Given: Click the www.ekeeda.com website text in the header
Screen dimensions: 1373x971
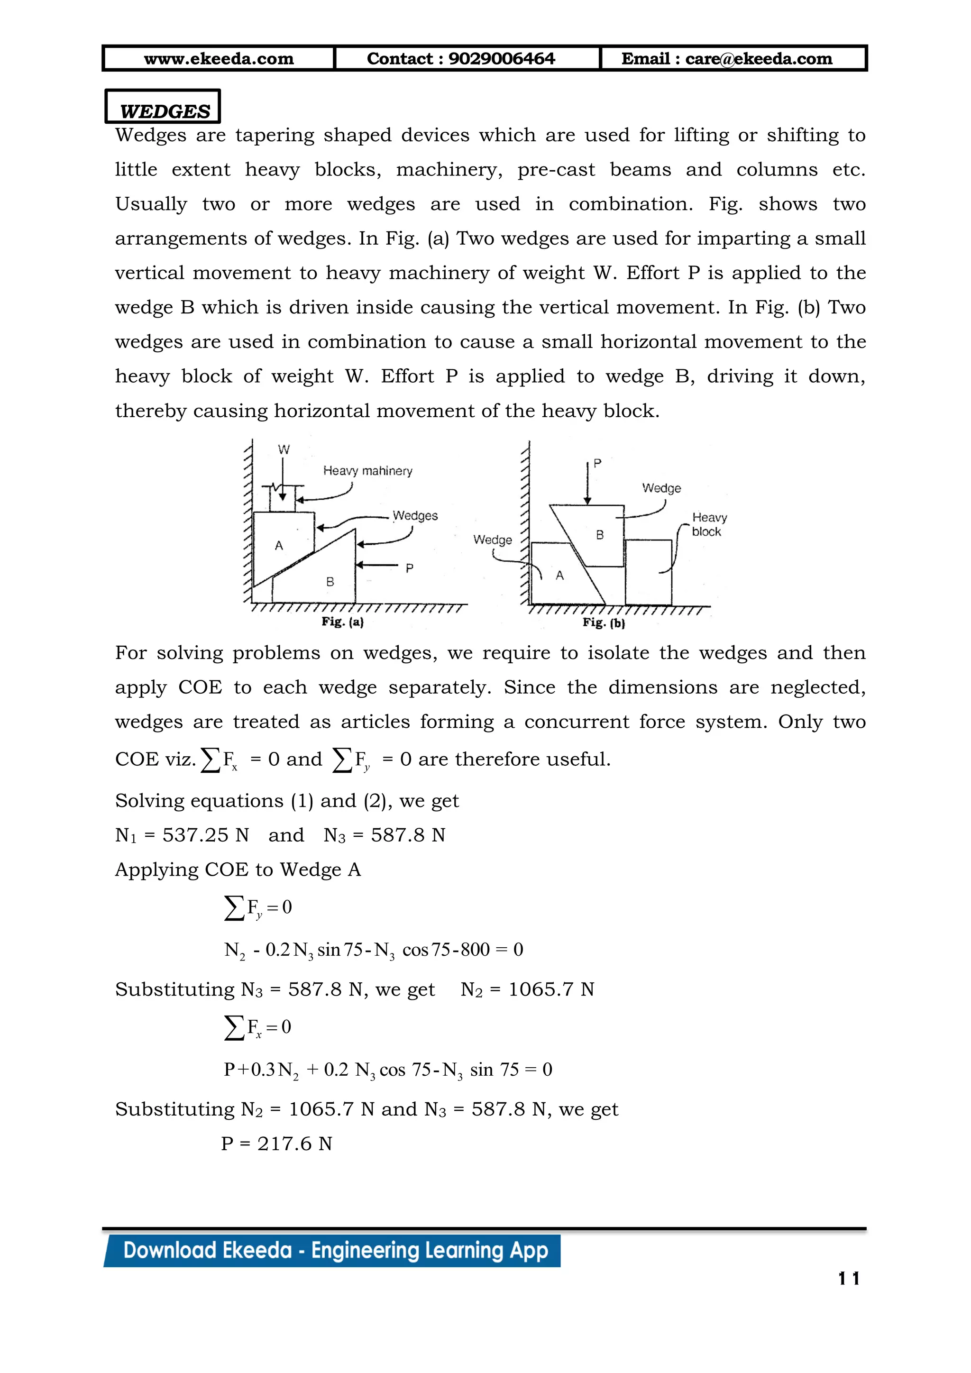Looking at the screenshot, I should (219, 59).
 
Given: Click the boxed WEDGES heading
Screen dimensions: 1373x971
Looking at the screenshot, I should (165, 110).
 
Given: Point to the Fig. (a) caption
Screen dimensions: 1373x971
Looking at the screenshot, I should (342, 622).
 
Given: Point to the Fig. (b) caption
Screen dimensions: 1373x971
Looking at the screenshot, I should (603, 623).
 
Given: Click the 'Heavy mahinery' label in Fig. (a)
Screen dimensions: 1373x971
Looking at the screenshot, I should (367, 471).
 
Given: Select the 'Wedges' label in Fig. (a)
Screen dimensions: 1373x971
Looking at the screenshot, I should (415, 515).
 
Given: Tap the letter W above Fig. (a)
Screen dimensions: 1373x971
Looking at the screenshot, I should (284, 449).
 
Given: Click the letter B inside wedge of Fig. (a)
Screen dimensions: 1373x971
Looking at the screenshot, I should (330, 581).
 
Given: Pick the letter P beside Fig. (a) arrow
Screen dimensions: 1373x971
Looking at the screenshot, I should (409, 568).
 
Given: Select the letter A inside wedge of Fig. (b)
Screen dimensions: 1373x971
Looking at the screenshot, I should (559, 575).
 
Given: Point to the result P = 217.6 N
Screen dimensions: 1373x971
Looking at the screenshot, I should (276, 1144).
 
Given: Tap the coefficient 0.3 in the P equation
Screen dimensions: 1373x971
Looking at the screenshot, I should (263, 1069).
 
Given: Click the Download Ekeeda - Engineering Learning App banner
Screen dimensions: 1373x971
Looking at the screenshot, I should (335, 1250).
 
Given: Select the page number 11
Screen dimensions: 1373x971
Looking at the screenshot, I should (848, 1279).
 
